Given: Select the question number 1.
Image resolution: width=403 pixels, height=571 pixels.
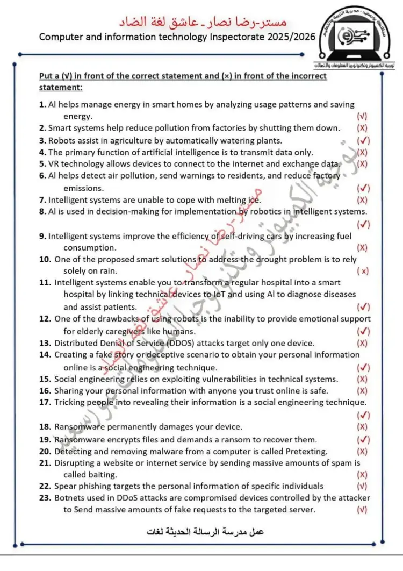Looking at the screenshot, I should tap(42, 104).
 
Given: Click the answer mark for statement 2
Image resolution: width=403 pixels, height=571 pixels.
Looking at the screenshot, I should tap(363, 128).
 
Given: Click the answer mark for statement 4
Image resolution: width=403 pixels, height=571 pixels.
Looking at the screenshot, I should tap(363, 153).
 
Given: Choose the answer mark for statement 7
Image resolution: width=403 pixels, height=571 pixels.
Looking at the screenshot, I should tap(363, 200).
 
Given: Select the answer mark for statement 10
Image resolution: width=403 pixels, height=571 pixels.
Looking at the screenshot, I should tap(364, 272).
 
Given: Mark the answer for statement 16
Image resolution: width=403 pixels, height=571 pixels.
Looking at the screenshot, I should tap(363, 391).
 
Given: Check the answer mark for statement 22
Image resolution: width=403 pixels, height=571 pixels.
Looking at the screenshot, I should tap(363, 486).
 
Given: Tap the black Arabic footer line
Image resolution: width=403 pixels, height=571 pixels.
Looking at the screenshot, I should tap(205, 532).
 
